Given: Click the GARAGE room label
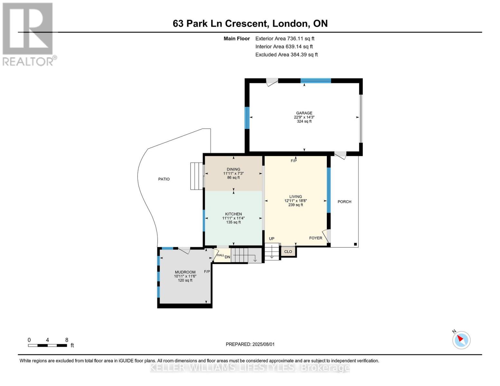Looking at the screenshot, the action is tap(304, 113).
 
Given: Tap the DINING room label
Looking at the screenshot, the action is tap(233, 169).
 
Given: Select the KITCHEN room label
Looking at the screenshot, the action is tap(233, 214).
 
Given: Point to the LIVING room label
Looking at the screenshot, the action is tap(296, 197).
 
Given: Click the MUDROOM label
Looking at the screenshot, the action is tap(185, 272).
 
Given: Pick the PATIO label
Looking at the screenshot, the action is tap(164, 179).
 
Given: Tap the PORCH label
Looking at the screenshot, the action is tap(344, 202).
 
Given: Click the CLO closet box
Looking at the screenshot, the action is tap(288, 252).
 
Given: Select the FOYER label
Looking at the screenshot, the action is tap(316, 238).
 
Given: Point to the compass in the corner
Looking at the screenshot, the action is tap(461, 340).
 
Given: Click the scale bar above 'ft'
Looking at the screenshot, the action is tap(47, 345).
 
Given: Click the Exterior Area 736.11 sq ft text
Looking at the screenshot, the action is tap(285, 39).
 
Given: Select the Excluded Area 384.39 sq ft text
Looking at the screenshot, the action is tap(287, 55).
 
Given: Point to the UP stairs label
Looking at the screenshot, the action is tap(271, 239).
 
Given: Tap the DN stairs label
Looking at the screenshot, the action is tap(227, 257).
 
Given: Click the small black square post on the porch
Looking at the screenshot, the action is tap(355, 244).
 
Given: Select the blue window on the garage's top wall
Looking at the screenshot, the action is tap(316, 80).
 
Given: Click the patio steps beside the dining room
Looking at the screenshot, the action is tap(196, 176).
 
